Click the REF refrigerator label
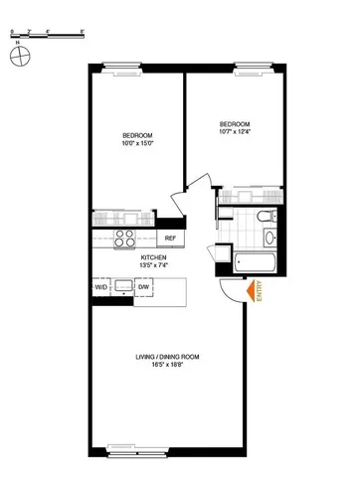(x=170, y=238)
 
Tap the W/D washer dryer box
(x=101, y=286)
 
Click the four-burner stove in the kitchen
(x=125, y=238)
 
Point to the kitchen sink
(x=125, y=287)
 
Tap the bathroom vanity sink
(x=269, y=238)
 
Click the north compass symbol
(x=16, y=57)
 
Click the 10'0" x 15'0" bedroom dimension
(x=136, y=143)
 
